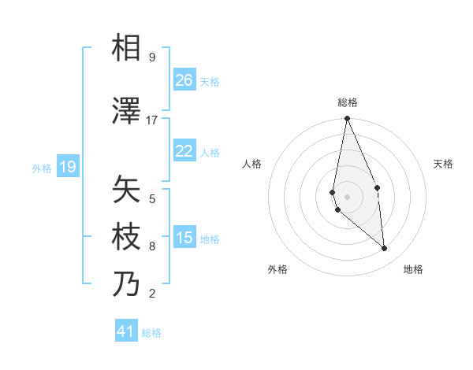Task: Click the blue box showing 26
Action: click(x=184, y=80)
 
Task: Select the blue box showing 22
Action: click(x=184, y=151)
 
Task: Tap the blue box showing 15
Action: click(x=184, y=238)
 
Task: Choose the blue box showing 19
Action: click(x=67, y=167)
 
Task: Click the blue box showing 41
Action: click(x=126, y=331)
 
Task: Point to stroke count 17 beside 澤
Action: click(x=152, y=120)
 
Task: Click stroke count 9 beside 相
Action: click(x=151, y=57)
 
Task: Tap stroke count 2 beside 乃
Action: click(x=151, y=294)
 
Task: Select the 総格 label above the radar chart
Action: click(x=348, y=102)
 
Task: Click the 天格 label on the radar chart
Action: click(x=443, y=164)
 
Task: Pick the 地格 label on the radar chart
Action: click(x=413, y=269)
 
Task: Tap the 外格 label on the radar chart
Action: click(x=277, y=269)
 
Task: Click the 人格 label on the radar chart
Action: click(x=251, y=164)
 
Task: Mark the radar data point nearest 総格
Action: click(x=347, y=119)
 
